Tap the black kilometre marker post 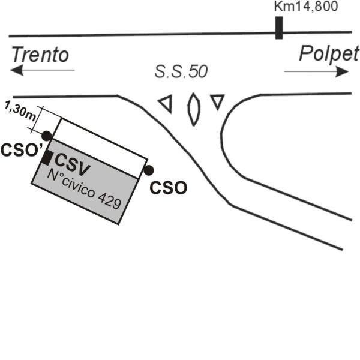coord(279,28)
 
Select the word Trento coord(40,56)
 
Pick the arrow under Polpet coord(316,71)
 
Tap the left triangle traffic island coord(166,104)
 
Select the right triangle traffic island coord(217,101)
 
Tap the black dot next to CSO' coord(46,136)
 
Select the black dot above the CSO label coord(149,170)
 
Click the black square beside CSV coord(46,158)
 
